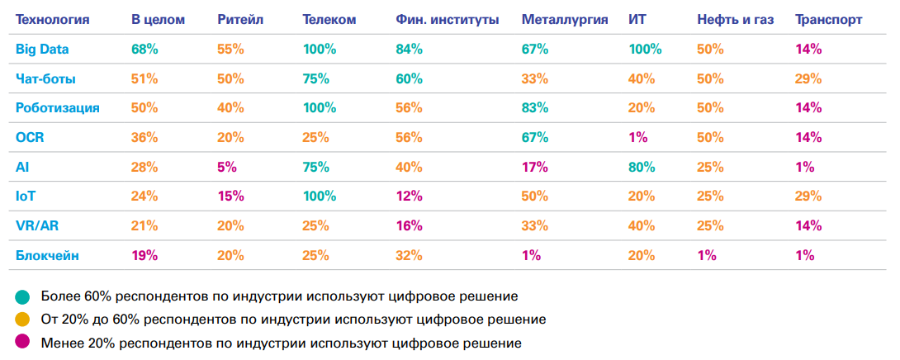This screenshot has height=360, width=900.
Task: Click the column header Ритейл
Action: (240, 19)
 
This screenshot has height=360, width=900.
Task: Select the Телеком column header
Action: (329, 19)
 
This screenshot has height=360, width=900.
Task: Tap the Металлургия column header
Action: (565, 19)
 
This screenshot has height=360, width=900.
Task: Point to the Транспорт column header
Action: (828, 19)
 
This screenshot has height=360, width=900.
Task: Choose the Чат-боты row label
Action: (46, 78)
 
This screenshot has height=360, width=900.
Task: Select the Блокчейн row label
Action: (48, 255)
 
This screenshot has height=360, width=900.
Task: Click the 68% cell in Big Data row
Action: (144, 49)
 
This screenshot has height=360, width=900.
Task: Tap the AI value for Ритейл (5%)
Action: (227, 167)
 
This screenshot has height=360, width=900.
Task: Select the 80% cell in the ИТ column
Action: (642, 167)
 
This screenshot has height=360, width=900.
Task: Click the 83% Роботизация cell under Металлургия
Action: (535, 108)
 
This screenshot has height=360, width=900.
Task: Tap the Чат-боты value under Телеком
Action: (315, 78)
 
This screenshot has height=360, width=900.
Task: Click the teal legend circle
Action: (22, 296)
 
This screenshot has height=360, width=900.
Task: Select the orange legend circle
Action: (22, 319)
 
